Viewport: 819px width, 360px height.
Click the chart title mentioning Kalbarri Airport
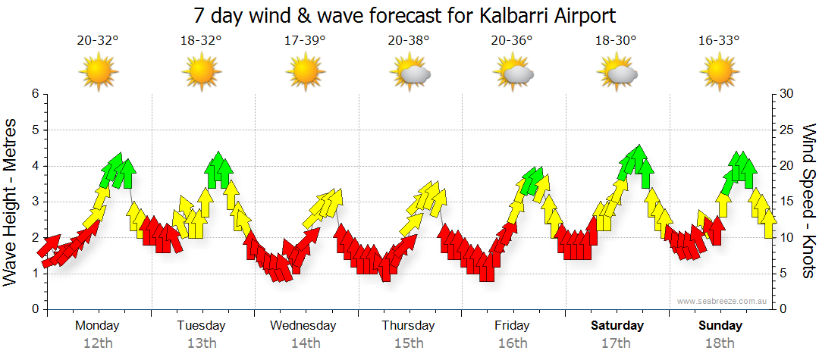click(404, 14)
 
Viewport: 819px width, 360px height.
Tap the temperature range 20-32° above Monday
click(98, 41)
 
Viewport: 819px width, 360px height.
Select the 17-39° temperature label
click(305, 41)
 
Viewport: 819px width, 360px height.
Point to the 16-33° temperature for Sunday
click(719, 41)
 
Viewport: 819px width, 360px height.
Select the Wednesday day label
click(303, 326)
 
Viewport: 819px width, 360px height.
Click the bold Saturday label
click(617, 326)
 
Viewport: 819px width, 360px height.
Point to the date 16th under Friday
click(513, 343)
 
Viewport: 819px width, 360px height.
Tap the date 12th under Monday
click(98, 343)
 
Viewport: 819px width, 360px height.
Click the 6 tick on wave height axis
click(34, 94)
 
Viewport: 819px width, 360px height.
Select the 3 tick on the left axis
click(34, 202)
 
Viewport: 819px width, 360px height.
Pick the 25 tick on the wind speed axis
click(787, 130)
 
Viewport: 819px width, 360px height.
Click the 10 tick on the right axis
click(787, 238)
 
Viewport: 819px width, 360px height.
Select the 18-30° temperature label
click(616, 41)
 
